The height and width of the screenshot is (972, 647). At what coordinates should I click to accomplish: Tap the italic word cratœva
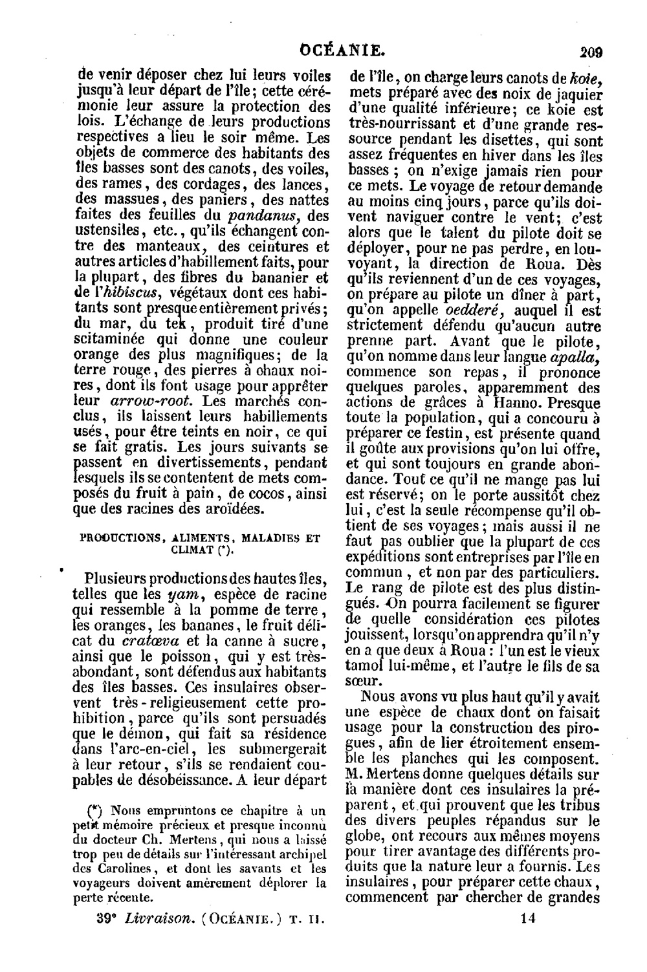click(x=145, y=641)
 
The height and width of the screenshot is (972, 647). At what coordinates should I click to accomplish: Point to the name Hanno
click(x=517, y=402)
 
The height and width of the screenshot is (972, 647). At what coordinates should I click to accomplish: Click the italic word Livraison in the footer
click(x=157, y=918)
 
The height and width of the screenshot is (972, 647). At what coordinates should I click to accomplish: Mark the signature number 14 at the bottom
click(x=530, y=918)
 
